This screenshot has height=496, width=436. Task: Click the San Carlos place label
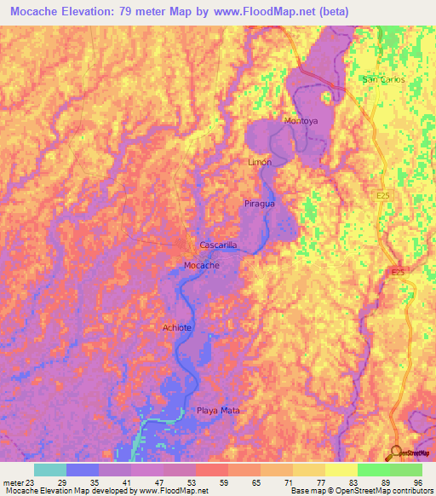[383, 79]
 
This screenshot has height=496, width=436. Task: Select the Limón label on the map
[260, 162]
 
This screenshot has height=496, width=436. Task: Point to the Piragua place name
[259, 205]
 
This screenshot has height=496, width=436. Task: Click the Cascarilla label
[217, 245]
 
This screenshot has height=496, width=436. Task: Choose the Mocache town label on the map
[202, 266]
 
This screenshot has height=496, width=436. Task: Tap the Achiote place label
[176, 327]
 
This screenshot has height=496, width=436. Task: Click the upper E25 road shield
[383, 195]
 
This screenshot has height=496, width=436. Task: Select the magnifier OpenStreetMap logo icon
[397, 453]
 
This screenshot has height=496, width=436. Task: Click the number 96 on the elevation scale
[418, 482]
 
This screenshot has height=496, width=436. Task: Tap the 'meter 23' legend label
[16, 482]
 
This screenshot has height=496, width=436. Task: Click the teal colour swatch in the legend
[50, 470]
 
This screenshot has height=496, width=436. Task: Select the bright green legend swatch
[374, 470]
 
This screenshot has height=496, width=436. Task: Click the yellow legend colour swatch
[341, 470]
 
